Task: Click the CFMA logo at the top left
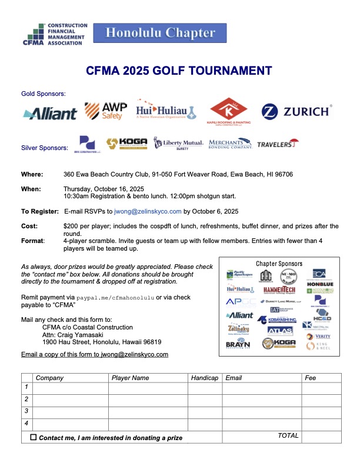(55, 35)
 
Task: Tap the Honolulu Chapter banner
(160, 33)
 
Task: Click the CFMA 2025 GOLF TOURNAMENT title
(179, 71)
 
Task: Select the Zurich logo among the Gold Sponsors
(296, 112)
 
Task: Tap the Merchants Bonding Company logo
(230, 144)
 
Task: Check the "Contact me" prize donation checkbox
(33, 437)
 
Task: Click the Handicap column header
(204, 378)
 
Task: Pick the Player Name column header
(130, 378)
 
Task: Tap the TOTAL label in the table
(288, 435)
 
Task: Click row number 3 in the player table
(26, 411)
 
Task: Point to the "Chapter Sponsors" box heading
(279, 264)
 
